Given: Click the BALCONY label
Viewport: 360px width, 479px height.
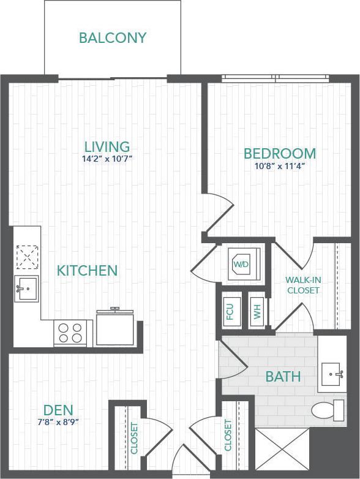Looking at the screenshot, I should pos(113,38).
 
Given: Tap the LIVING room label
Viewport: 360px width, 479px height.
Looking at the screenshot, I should pos(107,147).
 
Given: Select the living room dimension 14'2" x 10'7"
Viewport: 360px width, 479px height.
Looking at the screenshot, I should pos(108,159).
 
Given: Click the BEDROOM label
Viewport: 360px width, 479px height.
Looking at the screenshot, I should pos(280,153).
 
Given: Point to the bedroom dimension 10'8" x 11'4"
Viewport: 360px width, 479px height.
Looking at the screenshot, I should pos(279,165).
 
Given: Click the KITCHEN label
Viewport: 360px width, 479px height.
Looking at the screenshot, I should pos(87,271).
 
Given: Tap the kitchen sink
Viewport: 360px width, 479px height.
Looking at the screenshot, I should pos(26,287).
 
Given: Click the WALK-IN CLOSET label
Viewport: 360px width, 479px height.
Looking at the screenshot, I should pos(302,285).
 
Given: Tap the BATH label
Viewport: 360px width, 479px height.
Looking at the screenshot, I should pos(283,377).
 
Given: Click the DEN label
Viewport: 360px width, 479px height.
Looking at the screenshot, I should pos(59,410).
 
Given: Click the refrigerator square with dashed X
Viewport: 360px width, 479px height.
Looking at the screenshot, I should pos(28,257).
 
